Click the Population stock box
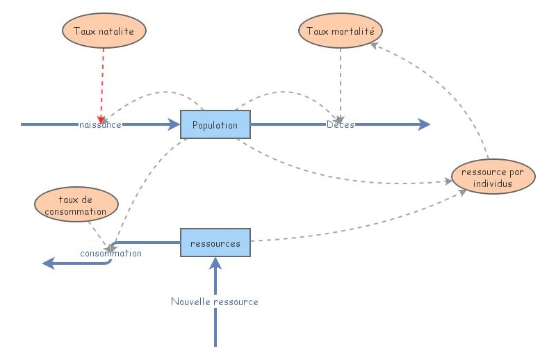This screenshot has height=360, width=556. click(x=215, y=125)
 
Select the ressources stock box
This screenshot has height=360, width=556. click(x=215, y=243)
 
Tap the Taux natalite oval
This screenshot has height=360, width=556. click(x=104, y=31)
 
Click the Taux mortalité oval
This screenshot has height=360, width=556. click(x=341, y=31)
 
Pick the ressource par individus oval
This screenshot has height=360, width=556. click(x=493, y=178)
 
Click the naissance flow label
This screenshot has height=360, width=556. click(x=101, y=125)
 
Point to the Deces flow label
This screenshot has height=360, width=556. click(x=341, y=125)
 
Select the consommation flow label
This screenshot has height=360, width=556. click(x=111, y=253)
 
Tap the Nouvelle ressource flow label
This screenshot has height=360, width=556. click(x=215, y=302)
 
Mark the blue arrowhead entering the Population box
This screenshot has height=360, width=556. click(x=174, y=125)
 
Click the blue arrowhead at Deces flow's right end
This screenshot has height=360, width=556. click(x=424, y=125)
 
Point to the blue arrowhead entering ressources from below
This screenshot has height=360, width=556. click(x=215, y=263)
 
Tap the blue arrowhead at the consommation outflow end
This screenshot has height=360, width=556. click(x=48, y=263)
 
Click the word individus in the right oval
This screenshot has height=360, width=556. click(x=493, y=184)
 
